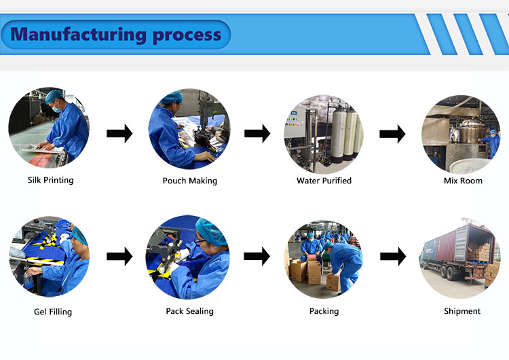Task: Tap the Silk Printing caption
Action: pos(50,180)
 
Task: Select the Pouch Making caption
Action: pos(189,181)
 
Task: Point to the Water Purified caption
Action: pos(324,181)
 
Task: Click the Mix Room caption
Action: pos(462,181)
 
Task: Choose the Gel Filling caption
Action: pos(52,312)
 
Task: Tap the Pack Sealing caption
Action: pos(189,311)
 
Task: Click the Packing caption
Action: pos(324,311)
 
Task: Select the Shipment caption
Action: pos(461,311)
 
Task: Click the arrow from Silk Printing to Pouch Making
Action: pos(119,134)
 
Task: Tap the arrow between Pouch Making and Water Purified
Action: pos(257,134)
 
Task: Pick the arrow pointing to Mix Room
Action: pos(392,134)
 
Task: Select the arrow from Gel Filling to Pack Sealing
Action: pos(119,257)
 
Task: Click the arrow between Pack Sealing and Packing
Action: pos(257,257)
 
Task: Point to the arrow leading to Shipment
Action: pos(392,257)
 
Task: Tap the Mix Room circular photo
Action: pos(461,134)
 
